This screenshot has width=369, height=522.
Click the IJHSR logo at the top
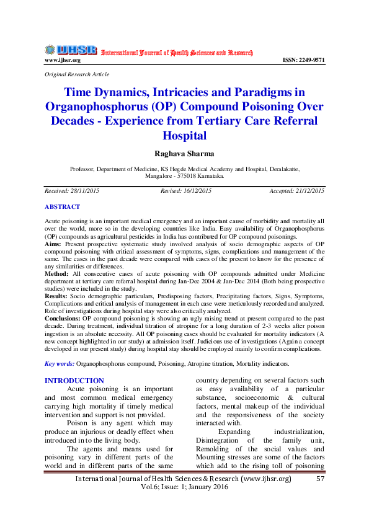click(70, 50)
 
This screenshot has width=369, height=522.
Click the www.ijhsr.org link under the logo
click(63, 60)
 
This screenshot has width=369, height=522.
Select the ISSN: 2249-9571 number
click(303, 60)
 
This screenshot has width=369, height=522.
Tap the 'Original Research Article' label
click(77, 74)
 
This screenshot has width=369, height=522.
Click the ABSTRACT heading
click(62, 206)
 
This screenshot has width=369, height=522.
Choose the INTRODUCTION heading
click(74, 381)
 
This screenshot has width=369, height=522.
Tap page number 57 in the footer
click(321, 479)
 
